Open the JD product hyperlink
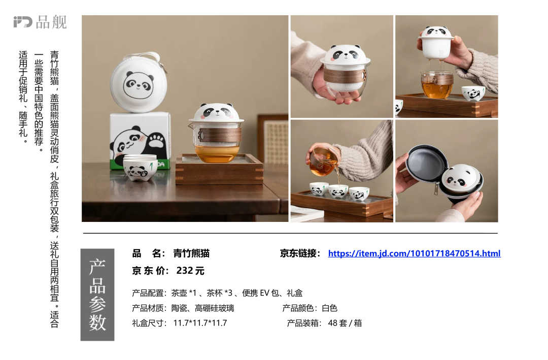[x=414, y=253]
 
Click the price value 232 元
[x=190, y=271]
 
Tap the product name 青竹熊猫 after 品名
[x=191, y=253]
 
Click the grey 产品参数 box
[x=97, y=294]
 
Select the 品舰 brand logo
[x=40, y=22]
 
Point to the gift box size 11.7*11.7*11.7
[x=200, y=323]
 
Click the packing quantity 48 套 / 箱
[x=345, y=323]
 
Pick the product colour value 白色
[x=330, y=308]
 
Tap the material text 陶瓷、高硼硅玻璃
[x=202, y=308]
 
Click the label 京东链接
[x=299, y=253]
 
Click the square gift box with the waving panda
[x=141, y=141]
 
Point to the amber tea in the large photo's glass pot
[x=216, y=154]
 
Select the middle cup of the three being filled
[x=338, y=191]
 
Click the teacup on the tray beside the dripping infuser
[x=473, y=93]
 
